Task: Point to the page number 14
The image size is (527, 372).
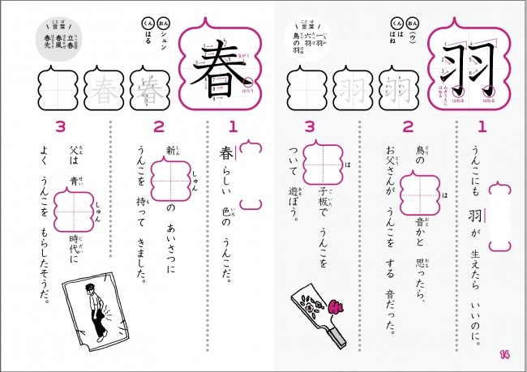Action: click(x=504, y=353)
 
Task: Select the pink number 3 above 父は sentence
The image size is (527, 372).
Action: click(x=59, y=126)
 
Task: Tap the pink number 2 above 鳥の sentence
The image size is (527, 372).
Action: click(x=408, y=126)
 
